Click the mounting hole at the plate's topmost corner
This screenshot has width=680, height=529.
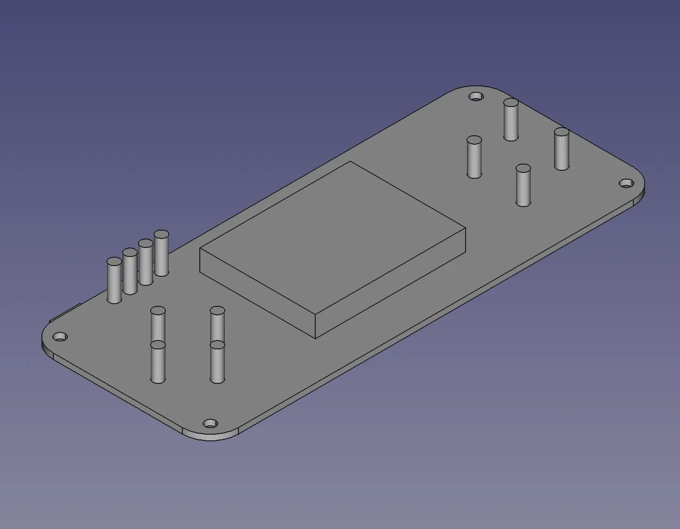[x=476, y=97]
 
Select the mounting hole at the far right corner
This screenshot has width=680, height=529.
[x=625, y=183]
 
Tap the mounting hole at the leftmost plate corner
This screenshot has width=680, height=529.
[x=60, y=337]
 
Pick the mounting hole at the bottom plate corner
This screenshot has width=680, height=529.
[x=210, y=423]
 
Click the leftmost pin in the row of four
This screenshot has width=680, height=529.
[x=114, y=281]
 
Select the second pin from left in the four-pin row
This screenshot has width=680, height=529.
[x=130, y=272]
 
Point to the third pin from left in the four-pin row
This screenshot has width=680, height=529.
[x=146, y=263]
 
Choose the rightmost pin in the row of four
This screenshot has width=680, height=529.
[x=161, y=254]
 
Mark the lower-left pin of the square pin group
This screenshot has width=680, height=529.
[x=158, y=363]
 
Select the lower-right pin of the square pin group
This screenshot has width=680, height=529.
[x=217, y=363]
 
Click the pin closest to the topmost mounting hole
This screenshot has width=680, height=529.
[x=511, y=120]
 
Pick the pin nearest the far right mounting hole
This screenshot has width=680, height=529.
[x=561, y=149]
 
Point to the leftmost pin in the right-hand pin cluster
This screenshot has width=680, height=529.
[x=474, y=157]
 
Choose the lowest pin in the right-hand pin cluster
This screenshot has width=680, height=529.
[x=523, y=186]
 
